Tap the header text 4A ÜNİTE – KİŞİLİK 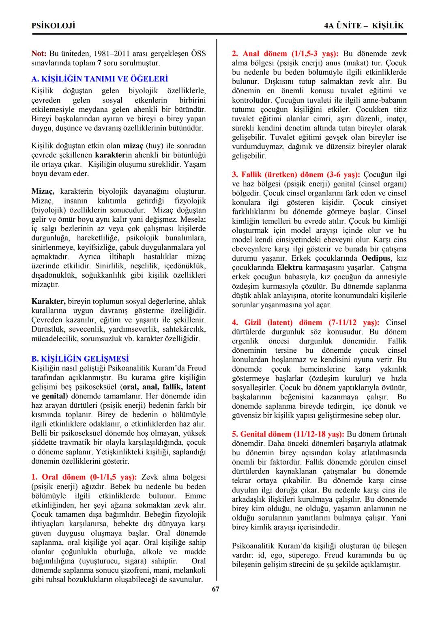364,26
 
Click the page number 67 215,589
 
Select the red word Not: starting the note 39,54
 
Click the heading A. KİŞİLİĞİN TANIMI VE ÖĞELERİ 99,79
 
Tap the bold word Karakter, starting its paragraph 48,302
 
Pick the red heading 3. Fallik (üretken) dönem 296,174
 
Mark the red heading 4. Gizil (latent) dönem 305,322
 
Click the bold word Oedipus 376,258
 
